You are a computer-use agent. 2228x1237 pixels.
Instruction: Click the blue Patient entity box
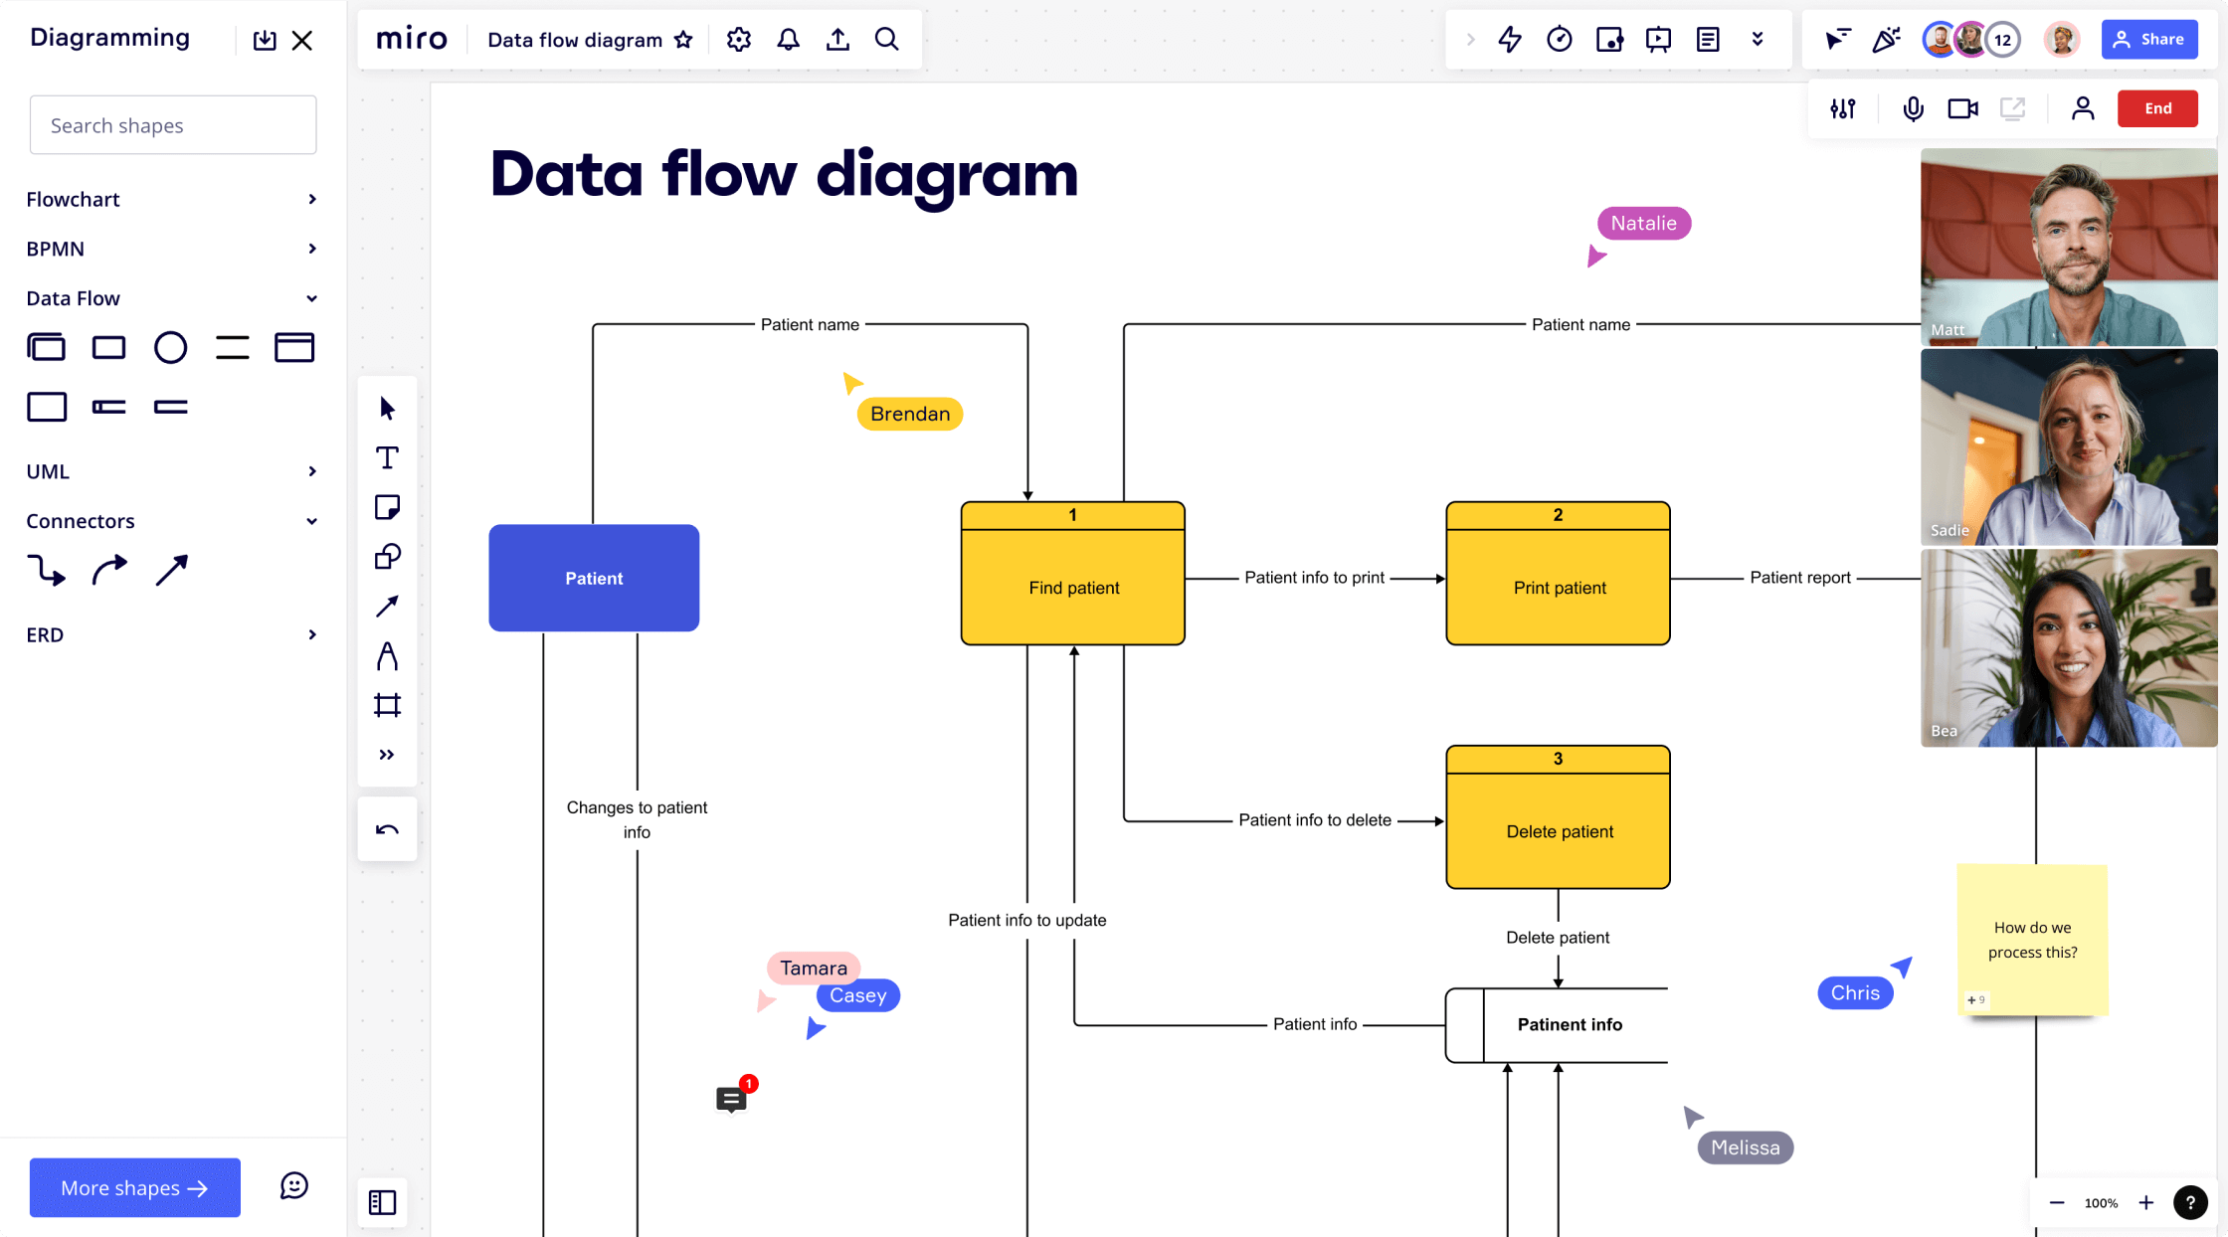point(594,578)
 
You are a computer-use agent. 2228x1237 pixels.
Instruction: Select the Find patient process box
point(1072,587)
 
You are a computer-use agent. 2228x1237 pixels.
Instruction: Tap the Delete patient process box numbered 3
point(1558,829)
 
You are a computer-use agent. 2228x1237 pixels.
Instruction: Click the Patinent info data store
point(1569,1024)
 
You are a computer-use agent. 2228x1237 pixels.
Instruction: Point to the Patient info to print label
point(1314,578)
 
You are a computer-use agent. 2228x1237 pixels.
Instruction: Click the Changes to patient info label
point(637,819)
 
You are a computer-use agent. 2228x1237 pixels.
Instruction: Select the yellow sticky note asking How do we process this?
point(2031,939)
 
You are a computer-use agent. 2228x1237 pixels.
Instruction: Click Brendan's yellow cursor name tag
point(909,414)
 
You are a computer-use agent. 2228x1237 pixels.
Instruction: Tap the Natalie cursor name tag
point(1643,224)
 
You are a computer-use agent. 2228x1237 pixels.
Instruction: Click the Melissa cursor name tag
point(1745,1148)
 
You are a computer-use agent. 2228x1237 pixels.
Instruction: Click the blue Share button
point(2148,40)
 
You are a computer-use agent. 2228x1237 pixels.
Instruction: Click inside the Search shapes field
point(173,125)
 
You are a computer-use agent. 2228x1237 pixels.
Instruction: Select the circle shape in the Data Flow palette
point(170,348)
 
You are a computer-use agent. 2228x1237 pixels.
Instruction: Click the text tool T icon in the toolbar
point(387,458)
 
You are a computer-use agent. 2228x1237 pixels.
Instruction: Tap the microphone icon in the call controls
point(1912,108)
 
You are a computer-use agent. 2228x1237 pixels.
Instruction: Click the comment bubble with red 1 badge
point(732,1099)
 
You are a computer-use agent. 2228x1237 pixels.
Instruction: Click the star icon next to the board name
point(683,40)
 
